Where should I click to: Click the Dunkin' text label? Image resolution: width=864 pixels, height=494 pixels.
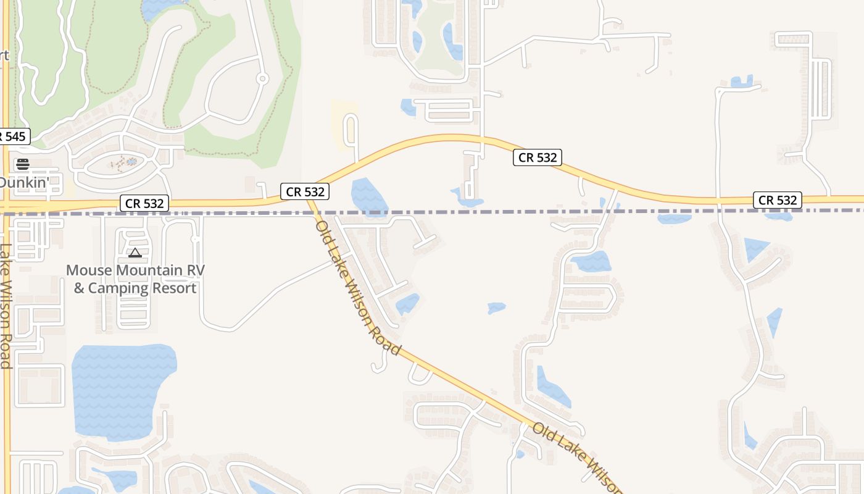click(x=23, y=183)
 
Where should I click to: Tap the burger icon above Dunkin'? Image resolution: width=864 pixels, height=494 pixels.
click(x=23, y=164)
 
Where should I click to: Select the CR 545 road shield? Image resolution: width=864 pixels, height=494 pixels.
click(x=14, y=136)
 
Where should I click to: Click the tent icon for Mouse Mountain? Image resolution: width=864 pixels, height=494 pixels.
click(x=135, y=253)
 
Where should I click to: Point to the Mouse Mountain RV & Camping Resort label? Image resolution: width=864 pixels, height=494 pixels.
click(x=135, y=279)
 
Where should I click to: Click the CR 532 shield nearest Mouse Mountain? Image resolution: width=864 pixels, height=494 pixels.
click(x=144, y=203)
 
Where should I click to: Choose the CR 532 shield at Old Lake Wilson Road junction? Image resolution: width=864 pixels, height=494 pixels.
click(x=305, y=191)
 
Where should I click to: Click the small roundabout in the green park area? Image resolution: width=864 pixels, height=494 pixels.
click(x=262, y=78)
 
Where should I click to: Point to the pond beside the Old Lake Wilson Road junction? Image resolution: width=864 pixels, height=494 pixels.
click(x=368, y=196)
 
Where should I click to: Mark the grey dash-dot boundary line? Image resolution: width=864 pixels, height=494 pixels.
click(x=494, y=212)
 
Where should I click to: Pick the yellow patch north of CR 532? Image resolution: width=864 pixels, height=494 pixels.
click(x=343, y=124)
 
